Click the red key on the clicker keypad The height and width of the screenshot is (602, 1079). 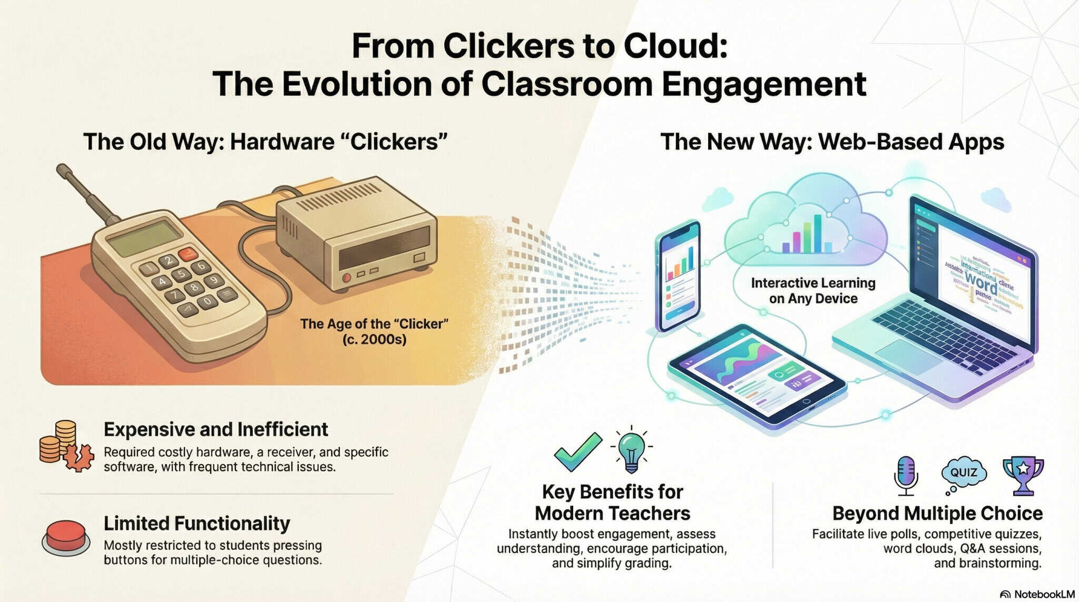188,254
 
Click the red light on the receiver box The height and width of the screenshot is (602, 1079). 346,278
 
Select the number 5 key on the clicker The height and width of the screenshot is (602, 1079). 181,273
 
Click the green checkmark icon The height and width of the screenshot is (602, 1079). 577,451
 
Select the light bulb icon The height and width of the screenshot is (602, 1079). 631,451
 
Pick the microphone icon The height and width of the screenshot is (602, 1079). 906,475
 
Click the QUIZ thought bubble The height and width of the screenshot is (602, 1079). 964,472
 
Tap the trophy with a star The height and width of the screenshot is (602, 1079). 1023,474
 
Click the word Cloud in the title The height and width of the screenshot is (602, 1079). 675,46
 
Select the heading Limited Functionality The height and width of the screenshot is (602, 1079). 197,524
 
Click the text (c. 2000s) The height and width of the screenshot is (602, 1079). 374,339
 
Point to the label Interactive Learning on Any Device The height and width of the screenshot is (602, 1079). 813,291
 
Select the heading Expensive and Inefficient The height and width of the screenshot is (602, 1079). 215,429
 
